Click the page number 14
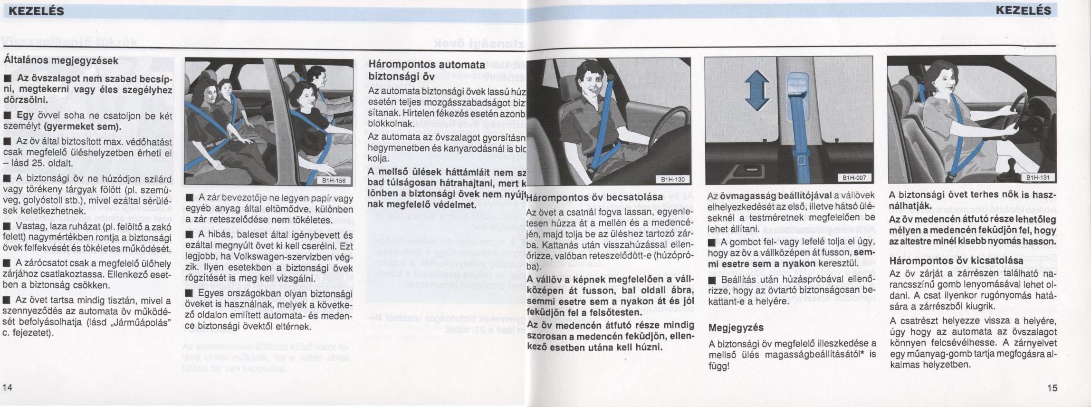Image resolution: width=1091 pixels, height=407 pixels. (8, 388)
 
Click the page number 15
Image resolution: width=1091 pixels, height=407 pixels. (1052, 388)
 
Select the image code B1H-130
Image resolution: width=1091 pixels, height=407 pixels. (673, 179)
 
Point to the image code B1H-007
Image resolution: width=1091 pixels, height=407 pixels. (854, 178)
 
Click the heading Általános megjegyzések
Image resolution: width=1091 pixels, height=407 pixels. (61, 61)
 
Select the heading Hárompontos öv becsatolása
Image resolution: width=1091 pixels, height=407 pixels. (594, 197)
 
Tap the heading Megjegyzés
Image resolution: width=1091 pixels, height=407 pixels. (736, 328)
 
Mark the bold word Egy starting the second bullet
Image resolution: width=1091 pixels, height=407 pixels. (25, 116)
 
